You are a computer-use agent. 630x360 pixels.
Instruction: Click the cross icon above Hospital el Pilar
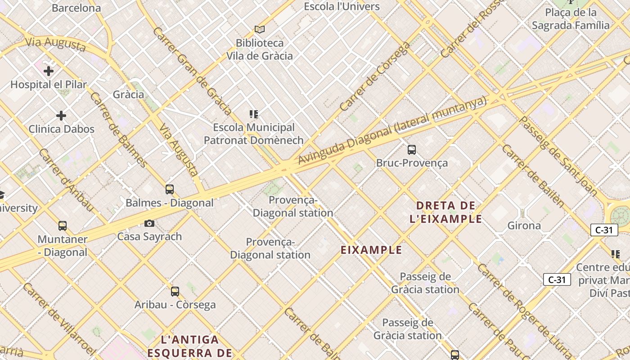[x=49, y=71]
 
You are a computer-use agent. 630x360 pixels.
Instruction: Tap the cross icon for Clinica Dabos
[x=61, y=116]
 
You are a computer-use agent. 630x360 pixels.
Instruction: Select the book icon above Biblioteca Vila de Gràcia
[x=259, y=30]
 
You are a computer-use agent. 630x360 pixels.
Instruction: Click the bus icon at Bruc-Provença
[x=411, y=150]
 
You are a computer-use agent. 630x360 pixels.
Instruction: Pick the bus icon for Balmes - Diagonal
[x=170, y=189]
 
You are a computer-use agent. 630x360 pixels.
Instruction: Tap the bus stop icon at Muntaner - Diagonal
[x=63, y=226]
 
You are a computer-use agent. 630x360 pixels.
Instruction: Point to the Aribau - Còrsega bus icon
[x=175, y=292]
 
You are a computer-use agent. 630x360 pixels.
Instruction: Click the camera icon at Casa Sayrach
[x=149, y=224]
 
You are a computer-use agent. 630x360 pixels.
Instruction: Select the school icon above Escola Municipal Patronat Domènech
[x=254, y=114]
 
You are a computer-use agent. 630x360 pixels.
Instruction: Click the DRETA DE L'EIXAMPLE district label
[x=446, y=212]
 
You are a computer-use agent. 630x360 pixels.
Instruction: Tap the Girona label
[x=524, y=225]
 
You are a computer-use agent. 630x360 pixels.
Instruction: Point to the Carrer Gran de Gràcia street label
[x=193, y=71]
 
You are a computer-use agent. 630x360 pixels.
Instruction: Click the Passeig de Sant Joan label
[x=558, y=156]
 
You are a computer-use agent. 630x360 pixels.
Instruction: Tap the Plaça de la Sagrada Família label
[x=571, y=19]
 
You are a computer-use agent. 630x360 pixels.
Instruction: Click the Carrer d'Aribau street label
[x=66, y=180]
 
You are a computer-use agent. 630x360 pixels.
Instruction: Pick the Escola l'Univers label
[x=342, y=6]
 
